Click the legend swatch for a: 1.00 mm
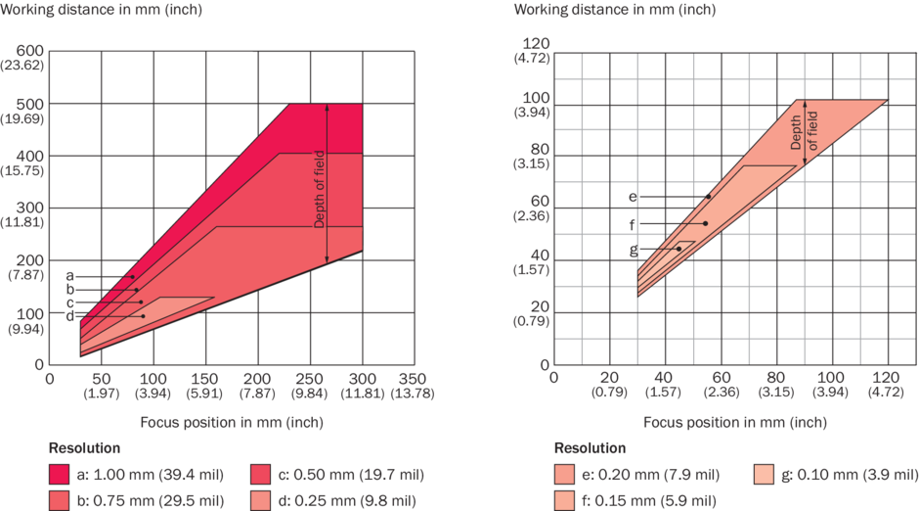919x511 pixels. (61, 475)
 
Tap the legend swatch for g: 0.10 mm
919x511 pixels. (768, 475)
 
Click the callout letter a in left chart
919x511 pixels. (69, 276)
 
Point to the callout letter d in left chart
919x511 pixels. (69, 315)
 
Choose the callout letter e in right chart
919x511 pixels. (634, 197)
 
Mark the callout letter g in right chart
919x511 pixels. (634, 249)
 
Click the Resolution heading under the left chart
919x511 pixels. (84, 448)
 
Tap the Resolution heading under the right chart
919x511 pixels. (590, 448)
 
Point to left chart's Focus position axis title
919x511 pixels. (232, 422)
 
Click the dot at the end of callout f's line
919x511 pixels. (705, 223)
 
